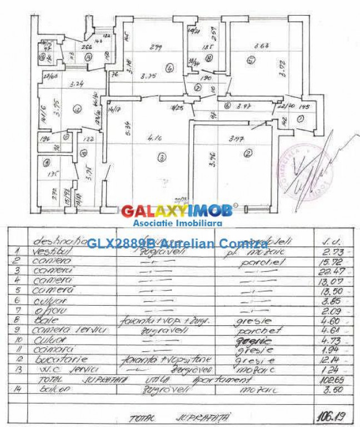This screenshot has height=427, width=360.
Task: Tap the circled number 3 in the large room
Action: [x=162, y=158]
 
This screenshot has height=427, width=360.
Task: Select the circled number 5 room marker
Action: [x=251, y=60]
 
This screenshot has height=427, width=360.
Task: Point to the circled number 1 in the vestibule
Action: [x=300, y=118]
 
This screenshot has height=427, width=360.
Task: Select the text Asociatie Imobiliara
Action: [x=177, y=223]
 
